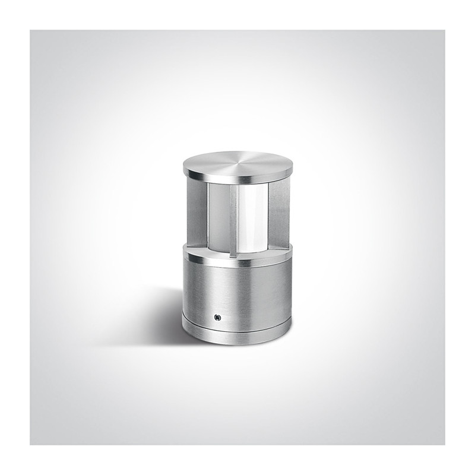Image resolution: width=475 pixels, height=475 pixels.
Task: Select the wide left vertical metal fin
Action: click(198, 211)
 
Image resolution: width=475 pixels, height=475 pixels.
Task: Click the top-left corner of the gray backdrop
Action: click(31, 31)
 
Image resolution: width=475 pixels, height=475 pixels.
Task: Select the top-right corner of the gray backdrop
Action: click(444, 31)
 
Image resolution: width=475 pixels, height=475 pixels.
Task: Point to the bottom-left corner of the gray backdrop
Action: click(31, 444)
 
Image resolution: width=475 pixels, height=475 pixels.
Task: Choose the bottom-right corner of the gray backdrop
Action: click(444, 444)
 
